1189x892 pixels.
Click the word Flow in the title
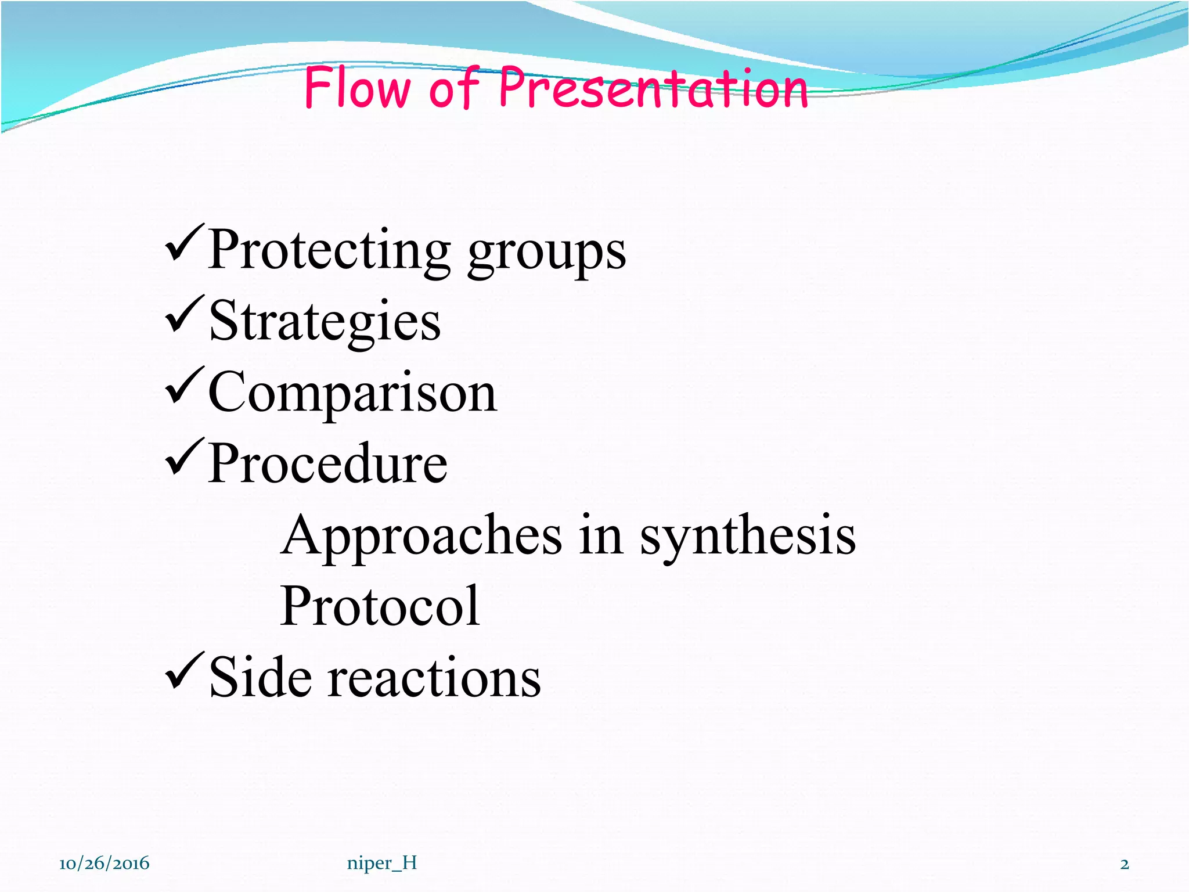357,88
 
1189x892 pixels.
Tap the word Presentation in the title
653,88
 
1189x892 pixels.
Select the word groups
547,253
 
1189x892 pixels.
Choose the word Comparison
352,394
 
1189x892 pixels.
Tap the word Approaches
421,535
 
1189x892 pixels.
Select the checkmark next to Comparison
185,386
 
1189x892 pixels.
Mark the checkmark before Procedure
185,457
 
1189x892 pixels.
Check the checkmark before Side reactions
185,671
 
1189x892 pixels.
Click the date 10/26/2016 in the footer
105,864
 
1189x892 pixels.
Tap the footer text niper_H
382,864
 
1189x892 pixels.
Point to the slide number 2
1125,864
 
